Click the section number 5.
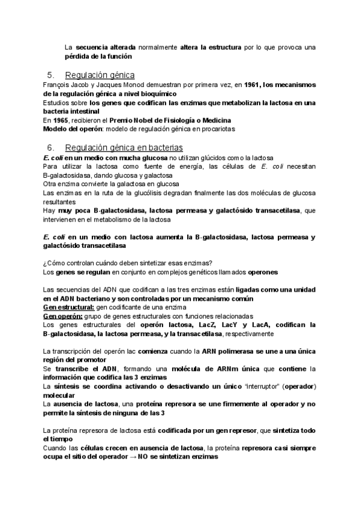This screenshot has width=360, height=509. (x=50, y=76)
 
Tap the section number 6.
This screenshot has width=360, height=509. (x=50, y=148)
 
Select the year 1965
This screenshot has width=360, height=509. (x=60, y=120)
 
